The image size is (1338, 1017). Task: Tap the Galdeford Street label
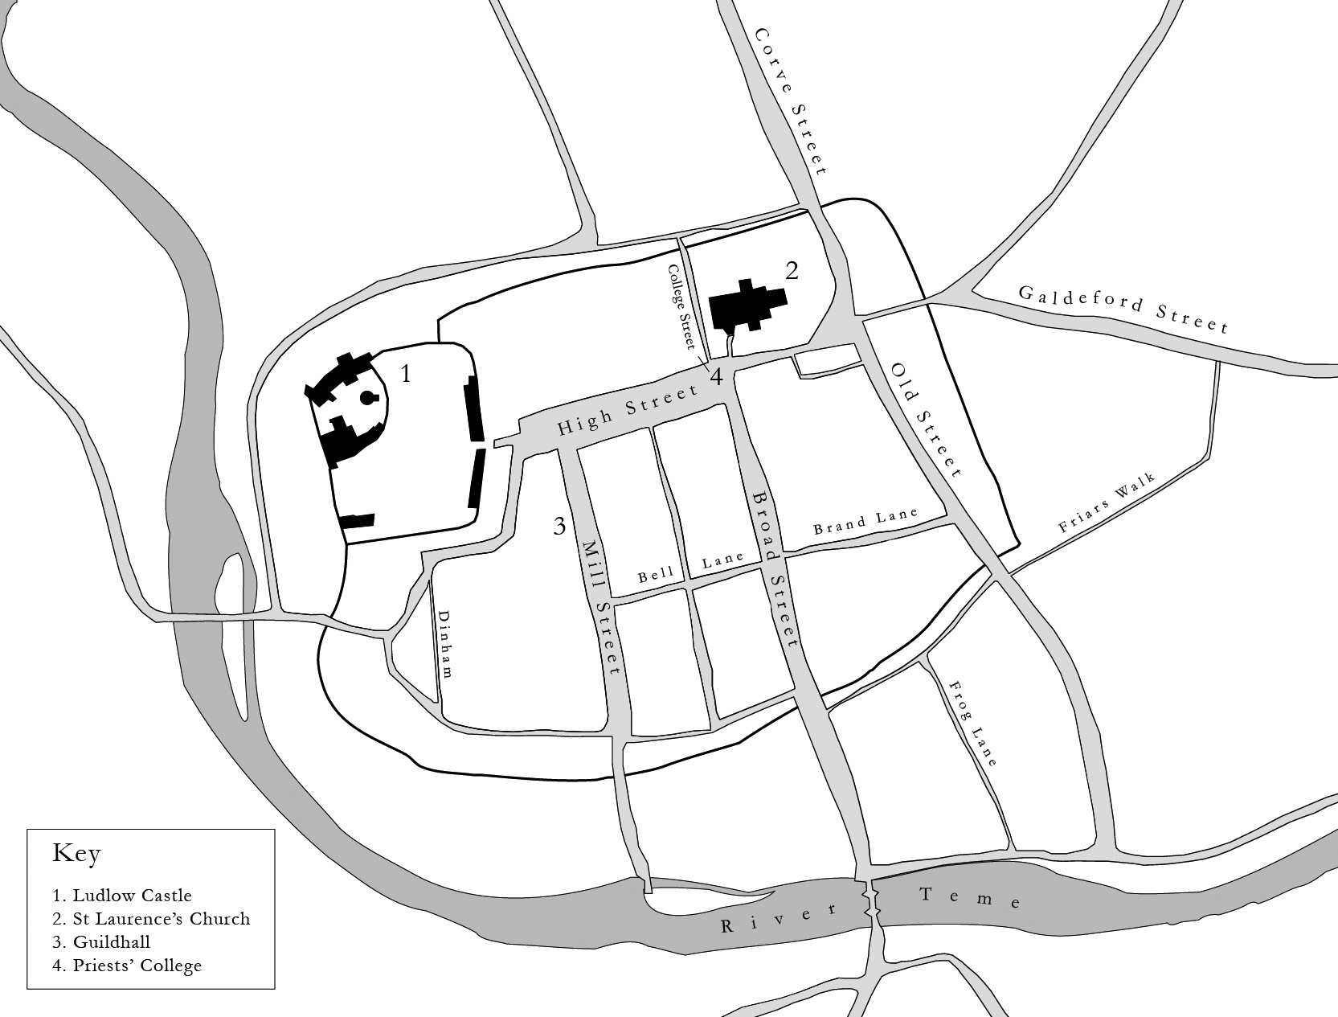[1123, 309]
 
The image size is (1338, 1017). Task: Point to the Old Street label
[926, 419]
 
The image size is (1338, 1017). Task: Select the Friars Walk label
[1106, 504]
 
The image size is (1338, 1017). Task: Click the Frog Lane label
[972, 724]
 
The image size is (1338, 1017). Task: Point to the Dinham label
[444, 643]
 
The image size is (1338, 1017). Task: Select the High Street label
[628, 410]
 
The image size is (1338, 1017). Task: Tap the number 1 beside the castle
[406, 374]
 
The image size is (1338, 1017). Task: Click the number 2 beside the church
[792, 271]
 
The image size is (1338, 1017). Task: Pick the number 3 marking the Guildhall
[559, 527]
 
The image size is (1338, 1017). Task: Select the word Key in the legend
[76, 853]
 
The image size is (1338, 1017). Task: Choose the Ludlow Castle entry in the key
[122, 895]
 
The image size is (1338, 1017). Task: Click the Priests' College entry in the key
[127, 965]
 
